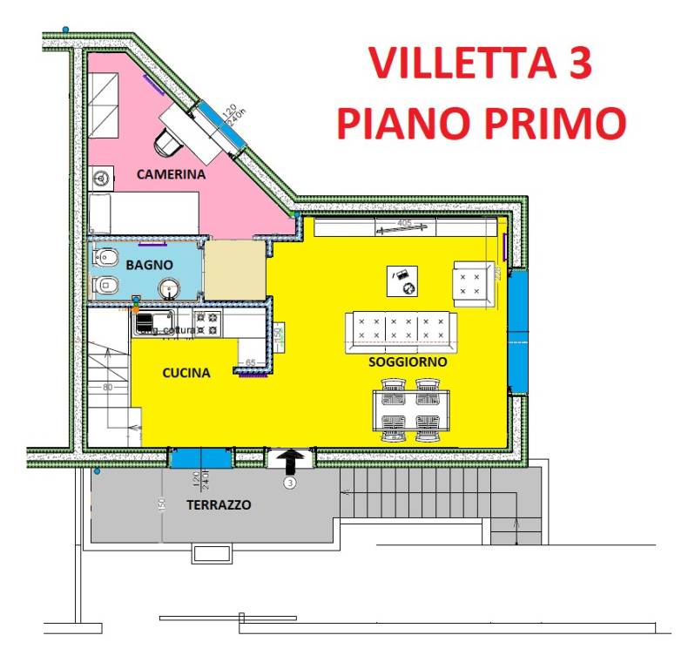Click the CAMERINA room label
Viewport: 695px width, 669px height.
click(171, 174)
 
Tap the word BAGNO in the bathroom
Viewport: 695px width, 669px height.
click(149, 264)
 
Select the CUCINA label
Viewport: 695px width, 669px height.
click(186, 373)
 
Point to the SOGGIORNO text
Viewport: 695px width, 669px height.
click(408, 361)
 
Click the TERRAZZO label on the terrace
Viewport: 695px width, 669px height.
click(218, 504)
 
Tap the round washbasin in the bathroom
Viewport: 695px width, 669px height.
click(168, 287)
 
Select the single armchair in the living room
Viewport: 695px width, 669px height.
click(475, 282)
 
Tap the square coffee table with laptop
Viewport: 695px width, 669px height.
click(402, 280)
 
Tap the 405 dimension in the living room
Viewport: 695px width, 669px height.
click(404, 224)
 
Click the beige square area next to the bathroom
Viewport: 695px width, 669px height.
click(233, 271)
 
